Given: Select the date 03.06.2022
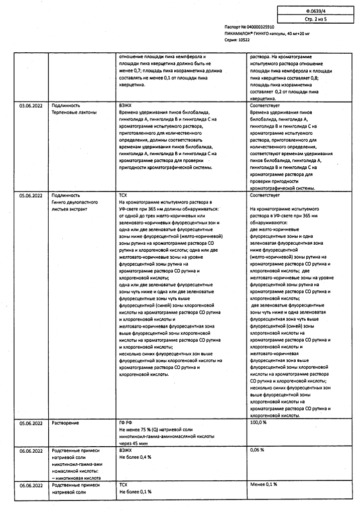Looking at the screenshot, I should click(x=31, y=106).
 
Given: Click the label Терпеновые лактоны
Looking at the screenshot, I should click(x=73, y=113).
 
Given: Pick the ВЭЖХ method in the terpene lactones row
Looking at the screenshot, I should click(x=126, y=106).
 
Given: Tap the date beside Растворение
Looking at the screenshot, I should click(x=31, y=423).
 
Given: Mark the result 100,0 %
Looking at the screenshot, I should click(x=259, y=423).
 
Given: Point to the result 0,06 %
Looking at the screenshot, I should click(x=257, y=450).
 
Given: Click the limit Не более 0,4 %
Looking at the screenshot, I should click(x=135, y=457).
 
